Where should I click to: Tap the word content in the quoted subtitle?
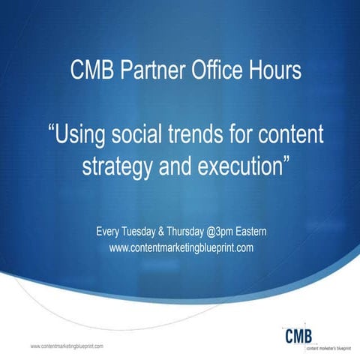tap(289, 137)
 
